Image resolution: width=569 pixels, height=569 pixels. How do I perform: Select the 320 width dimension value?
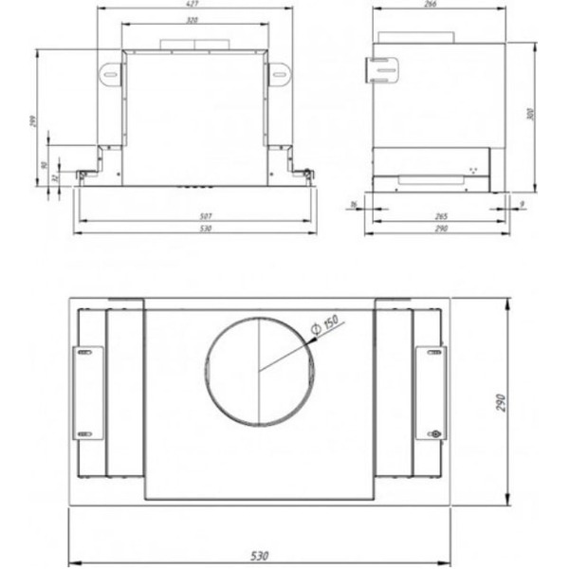pyautogui.click(x=193, y=20)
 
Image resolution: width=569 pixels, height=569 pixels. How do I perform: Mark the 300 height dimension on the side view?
pyautogui.click(x=530, y=114)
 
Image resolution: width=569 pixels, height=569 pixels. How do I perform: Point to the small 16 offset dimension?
pyautogui.click(x=354, y=204)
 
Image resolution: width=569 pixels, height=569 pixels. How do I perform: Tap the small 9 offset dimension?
pyautogui.click(x=523, y=204)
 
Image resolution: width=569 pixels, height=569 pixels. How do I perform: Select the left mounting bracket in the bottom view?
pyautogui.click(x=88, y=393)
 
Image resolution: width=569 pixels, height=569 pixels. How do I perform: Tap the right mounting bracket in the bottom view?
pyautogui.click(x=430, y=393)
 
